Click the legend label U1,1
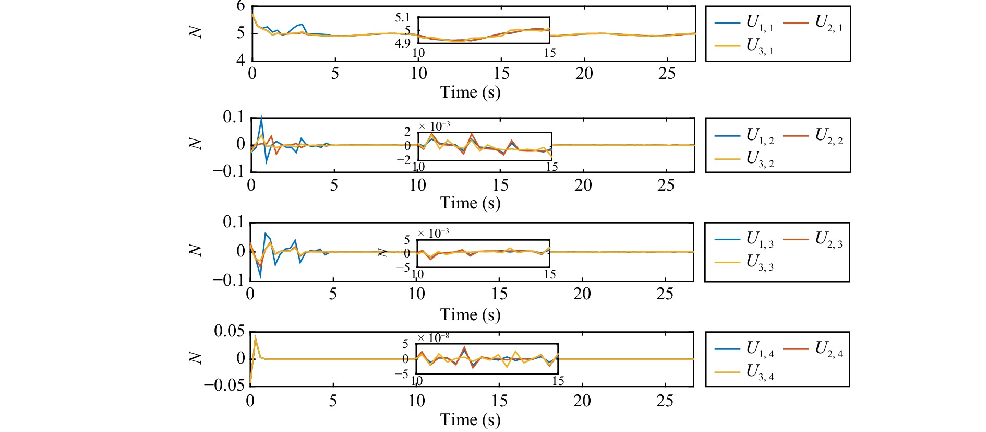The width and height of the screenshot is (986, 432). pos(760,23)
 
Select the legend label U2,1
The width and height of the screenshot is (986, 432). pos(828,23)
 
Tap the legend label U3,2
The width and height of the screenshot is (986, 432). pos(760,159)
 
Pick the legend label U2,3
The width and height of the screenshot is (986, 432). pos(828,239)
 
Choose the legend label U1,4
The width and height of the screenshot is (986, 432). pos(760,349)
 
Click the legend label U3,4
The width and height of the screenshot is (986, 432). pos(760,372)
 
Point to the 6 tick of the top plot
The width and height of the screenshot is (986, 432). pos(241,6)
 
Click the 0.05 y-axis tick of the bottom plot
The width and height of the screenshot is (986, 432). pos(229,331)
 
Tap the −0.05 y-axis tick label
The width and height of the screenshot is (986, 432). pos(224,386)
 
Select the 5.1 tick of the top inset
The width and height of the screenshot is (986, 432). pos(403,18)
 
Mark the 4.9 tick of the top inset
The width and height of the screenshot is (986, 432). pos(403,43)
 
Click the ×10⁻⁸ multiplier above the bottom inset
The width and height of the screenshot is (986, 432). pos(434,338)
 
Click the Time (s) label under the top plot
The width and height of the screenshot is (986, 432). pos(470,92)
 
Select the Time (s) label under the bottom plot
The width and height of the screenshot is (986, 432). pos(470,420)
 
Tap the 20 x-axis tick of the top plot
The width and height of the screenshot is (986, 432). pos(584,74)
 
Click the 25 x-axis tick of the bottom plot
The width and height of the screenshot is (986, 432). pos(665,401)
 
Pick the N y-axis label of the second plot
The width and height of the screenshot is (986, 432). pos(195,143)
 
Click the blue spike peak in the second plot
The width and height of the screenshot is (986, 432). pos(261,118)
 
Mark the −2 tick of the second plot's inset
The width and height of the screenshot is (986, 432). pos(404,161)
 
